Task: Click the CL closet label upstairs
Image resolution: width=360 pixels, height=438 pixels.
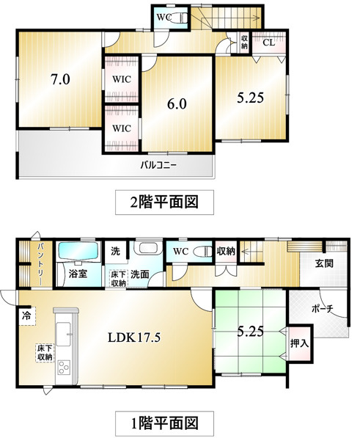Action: (x=268, y=43)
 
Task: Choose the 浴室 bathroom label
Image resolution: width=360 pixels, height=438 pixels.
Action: (x=78, y=274)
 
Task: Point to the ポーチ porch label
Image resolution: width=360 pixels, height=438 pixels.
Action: (x=322, y=309)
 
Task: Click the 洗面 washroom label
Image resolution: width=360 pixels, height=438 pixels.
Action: (x=141, y=274)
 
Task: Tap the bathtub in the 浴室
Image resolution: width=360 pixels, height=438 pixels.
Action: (x=78, y=252)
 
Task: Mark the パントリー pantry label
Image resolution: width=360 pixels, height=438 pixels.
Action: (x=24, y=260)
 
